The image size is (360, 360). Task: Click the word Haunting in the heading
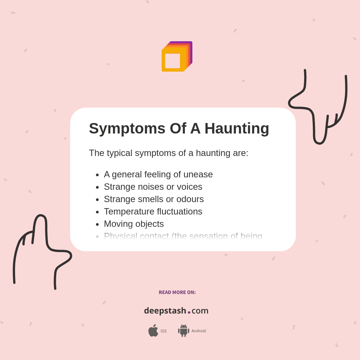point(237,129)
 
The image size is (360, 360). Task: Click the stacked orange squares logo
point(177,57)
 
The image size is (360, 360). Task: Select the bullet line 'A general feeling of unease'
point(158,174)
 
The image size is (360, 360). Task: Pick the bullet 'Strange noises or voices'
point(153,187)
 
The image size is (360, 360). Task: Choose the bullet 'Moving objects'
point(134,224)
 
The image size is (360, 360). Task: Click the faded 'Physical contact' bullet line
point(183,236)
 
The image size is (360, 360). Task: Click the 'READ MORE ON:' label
point(177,292)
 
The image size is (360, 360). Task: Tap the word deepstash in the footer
point(165,311)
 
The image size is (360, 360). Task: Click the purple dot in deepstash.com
point(189,312)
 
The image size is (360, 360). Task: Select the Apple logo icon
point(153,330)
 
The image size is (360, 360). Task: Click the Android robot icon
point(183,330)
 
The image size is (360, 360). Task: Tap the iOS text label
point(163,331)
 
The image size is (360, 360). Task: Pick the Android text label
point(198,331)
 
